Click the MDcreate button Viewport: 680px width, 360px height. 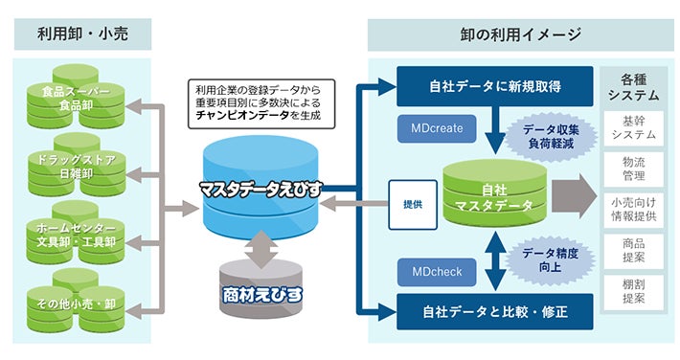(x=437, y=128)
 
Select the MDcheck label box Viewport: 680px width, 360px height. (x=437, y=272)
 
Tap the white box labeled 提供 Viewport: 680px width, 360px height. (x=413, y=204)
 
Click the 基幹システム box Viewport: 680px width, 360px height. (x=634, y=128)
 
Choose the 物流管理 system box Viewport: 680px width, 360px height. (x=634, y=169)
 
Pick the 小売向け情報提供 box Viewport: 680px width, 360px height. (x=634, y=210)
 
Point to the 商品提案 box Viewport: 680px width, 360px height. (x=634, y=251)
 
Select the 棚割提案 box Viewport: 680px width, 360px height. (x=634, y=292)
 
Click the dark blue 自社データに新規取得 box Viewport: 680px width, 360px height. (x=495, y=86)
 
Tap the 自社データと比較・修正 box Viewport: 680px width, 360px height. (x=495, y=312)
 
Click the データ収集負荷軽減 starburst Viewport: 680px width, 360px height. (x=551, y=137)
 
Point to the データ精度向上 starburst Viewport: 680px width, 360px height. (x=550, y=259)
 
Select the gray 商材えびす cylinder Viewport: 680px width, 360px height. (x=261, y=288)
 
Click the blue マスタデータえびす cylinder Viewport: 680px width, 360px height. (x=261, y=189)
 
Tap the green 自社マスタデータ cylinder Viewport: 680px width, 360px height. (x=495, y=196)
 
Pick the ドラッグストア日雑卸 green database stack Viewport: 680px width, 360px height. (x=77, y=166)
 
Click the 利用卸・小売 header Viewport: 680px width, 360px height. (x=82, y=34)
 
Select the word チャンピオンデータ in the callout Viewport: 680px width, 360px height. (x=242, y=116)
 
